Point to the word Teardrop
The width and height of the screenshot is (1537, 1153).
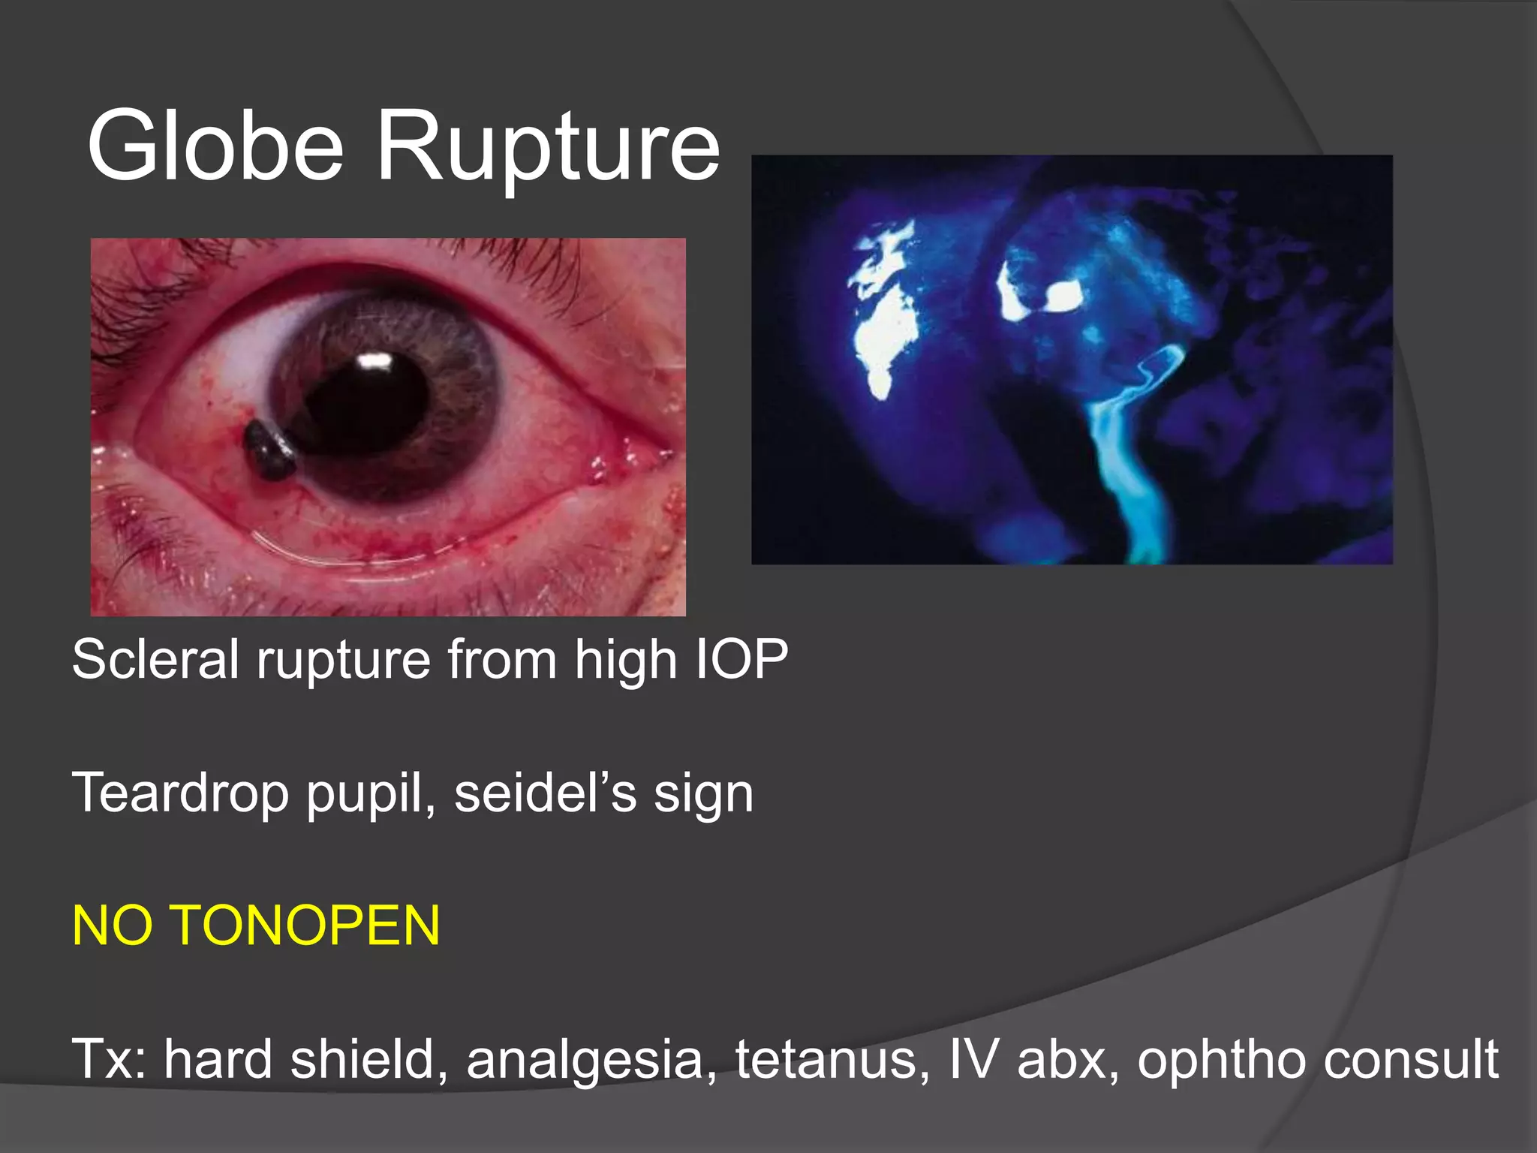pos(180,793)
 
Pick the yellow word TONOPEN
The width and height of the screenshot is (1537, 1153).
pos(307,926)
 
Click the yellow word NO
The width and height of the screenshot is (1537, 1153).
pos(112,926)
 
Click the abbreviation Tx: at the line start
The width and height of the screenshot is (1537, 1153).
pos(110,1058)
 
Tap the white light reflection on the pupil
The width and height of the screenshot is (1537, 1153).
pos(375,362)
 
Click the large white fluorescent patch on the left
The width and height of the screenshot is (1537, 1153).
pos(886,315)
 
